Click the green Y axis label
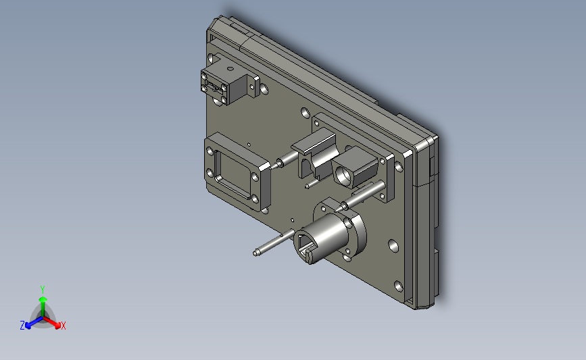tap(42, 290)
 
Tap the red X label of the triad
tap(63, 326)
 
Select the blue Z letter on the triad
tap(22, 326)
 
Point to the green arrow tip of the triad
tap(43, 299)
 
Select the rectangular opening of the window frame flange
tap(234, 175)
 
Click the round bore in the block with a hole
tap(342, 174)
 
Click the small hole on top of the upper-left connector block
tap(230, 69)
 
